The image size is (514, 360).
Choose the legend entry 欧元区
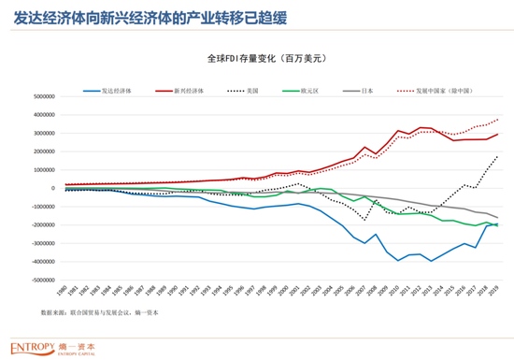(307, 91)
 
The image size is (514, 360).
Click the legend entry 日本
(366, 91)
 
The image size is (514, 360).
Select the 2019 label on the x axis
(496, 292)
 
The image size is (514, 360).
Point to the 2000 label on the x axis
(284, 292)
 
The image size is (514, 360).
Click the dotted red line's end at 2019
(497, 119)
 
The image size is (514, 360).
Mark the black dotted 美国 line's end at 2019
(497, 156)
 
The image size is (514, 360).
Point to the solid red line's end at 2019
(497, 134)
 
